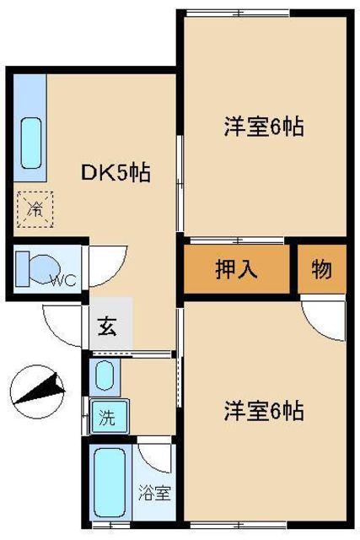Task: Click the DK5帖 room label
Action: (116, 172)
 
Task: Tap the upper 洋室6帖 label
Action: (264, 127)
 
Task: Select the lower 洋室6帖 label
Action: (264, 411)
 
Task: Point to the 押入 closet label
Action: (236, 269)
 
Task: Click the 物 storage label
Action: (321, 269)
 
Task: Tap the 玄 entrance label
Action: (108, 327)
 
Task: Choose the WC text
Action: (64, 281)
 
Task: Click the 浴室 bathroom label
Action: (154, 493)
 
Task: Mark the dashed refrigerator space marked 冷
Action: (35, 209)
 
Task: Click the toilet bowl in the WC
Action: (46, 269)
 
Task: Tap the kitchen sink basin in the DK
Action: (31, 143)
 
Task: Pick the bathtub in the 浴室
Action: (110, 482)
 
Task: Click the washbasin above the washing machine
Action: (105, 376)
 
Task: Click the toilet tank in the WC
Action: (23, 269)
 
